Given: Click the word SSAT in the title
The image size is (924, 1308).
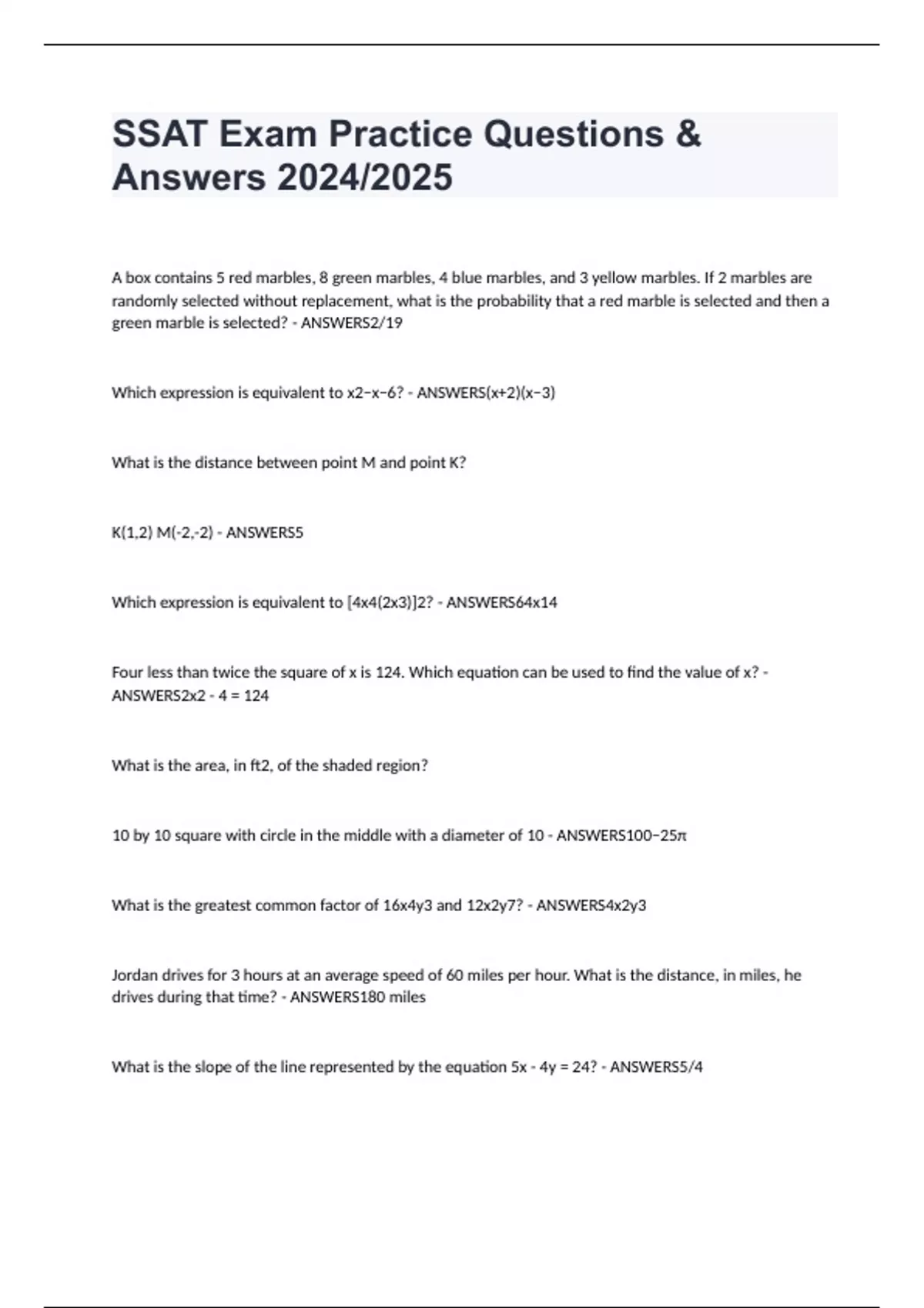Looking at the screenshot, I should pyautogui.click(x=160, y=134).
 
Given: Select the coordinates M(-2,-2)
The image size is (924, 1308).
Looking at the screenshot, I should pyautogui.click(x=184, y=532).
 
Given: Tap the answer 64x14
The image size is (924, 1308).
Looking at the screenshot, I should pyautogui.click(x=535, y=602).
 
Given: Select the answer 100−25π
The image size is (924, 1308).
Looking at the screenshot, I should pyautogui.click(x=654, y=836).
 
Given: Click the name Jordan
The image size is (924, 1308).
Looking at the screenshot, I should pyautogui.click(x=136, y=976).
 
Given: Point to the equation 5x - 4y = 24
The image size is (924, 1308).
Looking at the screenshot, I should pyautogui.click(x=554, y=1067).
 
